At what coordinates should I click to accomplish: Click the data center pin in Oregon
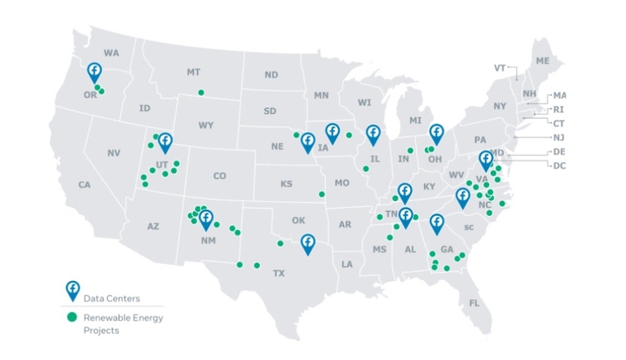(95, 71)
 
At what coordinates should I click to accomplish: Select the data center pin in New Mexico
(206, 218)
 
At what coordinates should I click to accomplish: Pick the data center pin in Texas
(307, 243)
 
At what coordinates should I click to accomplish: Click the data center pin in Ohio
(437, 133)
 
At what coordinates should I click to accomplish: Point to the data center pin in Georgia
(437, 223)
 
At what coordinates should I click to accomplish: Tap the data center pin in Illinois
(373, 134)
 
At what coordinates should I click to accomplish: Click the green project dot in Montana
(201, 92)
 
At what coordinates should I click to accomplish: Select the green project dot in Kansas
(322, 194)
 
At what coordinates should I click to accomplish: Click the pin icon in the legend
(73, 290)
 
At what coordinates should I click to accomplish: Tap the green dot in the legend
(73, 316)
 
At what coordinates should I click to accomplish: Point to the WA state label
(112, 53)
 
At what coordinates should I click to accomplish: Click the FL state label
(474, 304)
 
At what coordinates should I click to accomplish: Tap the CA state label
(84, 185)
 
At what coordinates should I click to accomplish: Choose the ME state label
(543, 61)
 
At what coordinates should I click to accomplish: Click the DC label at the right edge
(559, 165)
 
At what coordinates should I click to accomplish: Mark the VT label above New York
(500, 68)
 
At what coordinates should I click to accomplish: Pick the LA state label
(347, 264)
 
